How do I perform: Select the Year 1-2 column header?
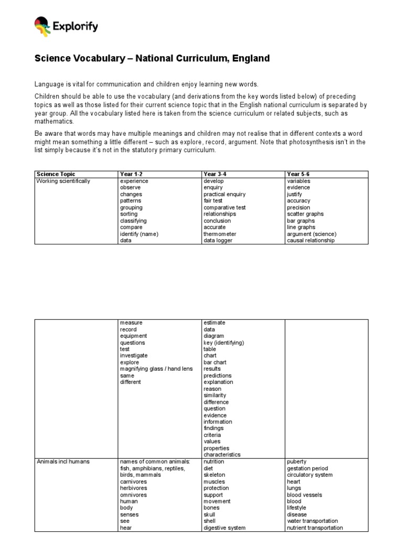(130, 174)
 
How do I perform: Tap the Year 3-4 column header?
(214, 174)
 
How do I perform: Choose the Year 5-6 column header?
(298, 174)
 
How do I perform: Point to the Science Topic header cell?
(56, 174)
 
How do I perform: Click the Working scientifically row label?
(63, 181)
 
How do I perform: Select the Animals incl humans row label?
(63, 461)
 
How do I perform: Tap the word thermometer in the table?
(220, 234)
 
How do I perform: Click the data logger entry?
(218, 241)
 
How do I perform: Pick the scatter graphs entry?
(305, 214)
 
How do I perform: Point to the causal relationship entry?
(311, 241)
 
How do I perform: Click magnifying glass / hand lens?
(156, 369)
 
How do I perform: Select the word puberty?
(296, 461)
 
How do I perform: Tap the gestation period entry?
(307, 468)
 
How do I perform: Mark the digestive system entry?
(225, 528)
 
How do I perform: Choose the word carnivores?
(133, 481)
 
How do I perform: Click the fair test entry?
(213, 201)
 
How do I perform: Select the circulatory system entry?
(310, 475)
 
